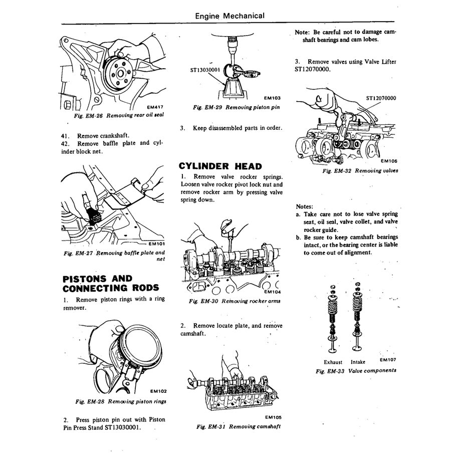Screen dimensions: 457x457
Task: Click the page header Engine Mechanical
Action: click(x=230, y=16)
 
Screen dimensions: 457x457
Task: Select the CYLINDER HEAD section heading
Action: click(x=220, y=166)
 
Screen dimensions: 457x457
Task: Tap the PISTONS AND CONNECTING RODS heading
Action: click(x=111, y=283)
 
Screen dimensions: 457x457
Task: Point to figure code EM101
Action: click(x=156, y=245)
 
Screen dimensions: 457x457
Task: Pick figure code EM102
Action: click(x=157, y=391)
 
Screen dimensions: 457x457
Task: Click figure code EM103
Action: click(x=271, y=98)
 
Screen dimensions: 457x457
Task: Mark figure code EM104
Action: click(x=273, y=292)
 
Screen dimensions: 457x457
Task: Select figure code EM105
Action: click(x=273, y=417)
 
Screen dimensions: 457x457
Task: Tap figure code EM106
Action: click(x=389, y=161)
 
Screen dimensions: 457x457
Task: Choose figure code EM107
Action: click(x=388, y=359)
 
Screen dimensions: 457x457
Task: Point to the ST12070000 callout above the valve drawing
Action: click(x=381, y=98)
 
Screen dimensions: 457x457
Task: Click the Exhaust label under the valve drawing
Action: click(x=333, y=362)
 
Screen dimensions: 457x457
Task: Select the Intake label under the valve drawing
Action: click(x=358, y=362)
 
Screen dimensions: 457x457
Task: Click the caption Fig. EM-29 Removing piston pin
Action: click(x=237, y=107)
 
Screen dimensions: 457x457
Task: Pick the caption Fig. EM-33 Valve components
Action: click(x=356, y=371)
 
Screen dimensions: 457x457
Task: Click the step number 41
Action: click(x=66, y=135)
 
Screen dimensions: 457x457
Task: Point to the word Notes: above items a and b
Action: click(x=304, y=206)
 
